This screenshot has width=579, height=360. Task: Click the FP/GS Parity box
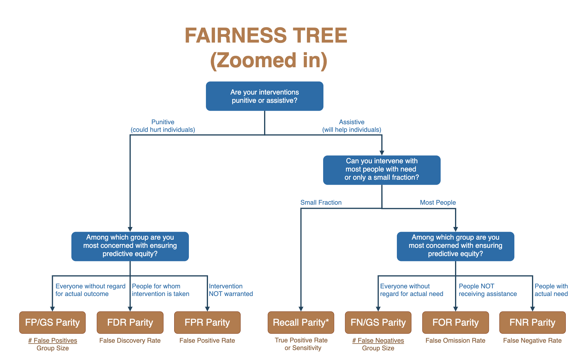(52, 322)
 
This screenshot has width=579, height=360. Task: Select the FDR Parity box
(130, 322)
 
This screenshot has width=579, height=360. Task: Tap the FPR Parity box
(207, 322)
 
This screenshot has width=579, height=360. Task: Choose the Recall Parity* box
(301, 322)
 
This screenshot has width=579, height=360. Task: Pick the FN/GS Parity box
(378, 322)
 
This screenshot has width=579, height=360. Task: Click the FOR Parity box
(455, 322)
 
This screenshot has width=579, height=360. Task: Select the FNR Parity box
(532, 322)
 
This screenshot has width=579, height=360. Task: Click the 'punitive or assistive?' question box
(264, 96)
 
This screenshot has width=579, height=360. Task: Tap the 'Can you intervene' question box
(382, 170)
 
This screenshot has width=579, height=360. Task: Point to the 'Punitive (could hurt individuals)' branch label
(163, 126)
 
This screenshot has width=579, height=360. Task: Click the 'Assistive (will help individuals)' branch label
(352, 126)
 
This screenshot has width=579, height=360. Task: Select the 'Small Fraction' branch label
(321, 202)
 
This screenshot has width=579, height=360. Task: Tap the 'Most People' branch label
(438, 202)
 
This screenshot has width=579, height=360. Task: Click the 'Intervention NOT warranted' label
(231, 290)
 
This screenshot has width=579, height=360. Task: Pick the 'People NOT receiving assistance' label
(488, 290)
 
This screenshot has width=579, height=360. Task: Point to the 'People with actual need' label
(551, 290)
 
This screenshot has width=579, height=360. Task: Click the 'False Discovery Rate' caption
(130, 340)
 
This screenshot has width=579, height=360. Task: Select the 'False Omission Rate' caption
(455, 340)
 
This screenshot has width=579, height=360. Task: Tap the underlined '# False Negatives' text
(378, 340)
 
